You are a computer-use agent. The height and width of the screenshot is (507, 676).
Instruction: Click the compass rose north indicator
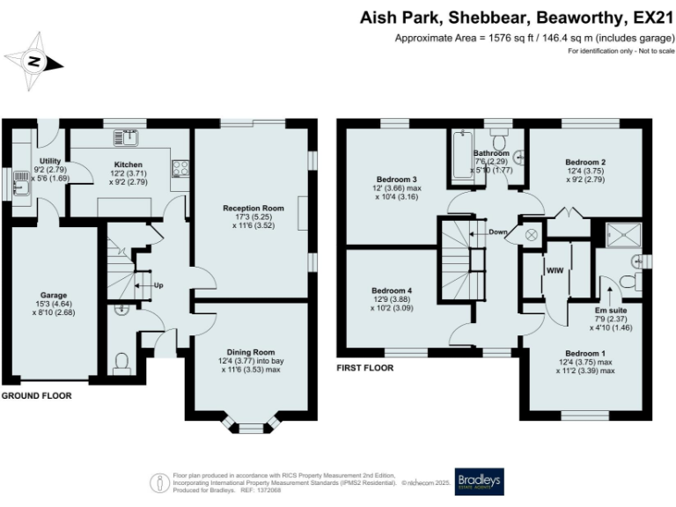pyautogui.click(x=33, y=61)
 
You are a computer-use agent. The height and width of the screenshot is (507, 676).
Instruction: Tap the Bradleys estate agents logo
pyautogui.click(x=478, y=481)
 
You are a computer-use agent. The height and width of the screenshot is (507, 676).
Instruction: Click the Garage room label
pyautogui.click(x=54, y=295)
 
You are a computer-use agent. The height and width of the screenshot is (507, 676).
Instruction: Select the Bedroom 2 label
pyautogui.click(x=584, y=163)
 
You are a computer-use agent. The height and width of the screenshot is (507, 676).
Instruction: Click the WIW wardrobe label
pyautogui.click(x=555, y=270)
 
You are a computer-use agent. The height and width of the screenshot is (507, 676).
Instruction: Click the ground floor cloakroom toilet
pyautogui.click(x=123, y=363)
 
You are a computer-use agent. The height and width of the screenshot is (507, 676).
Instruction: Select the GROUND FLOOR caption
pyautogui.click(x=36, y=396)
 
